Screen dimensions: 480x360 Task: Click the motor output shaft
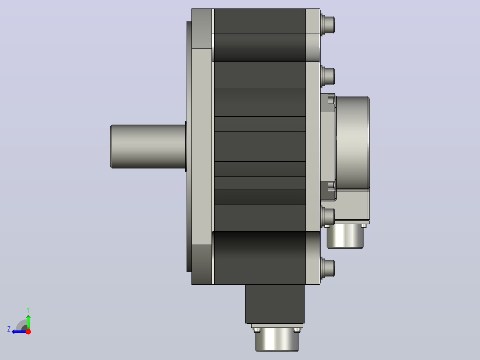tap(148, 147)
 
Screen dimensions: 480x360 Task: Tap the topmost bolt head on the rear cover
tap(328, 24)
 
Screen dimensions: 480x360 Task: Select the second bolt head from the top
tap(328, 76)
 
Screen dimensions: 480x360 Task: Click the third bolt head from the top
tap(328, 217)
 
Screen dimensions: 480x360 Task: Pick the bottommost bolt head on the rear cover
tap(328, 269)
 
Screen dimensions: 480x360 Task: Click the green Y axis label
tap(28, 310)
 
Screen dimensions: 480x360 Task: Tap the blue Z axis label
tap(9, 329)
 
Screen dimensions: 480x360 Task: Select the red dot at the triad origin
tap(28, 331)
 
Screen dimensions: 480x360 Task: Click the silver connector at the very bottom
tap(277, 339)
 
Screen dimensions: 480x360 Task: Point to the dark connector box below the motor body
tap(275, 304)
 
